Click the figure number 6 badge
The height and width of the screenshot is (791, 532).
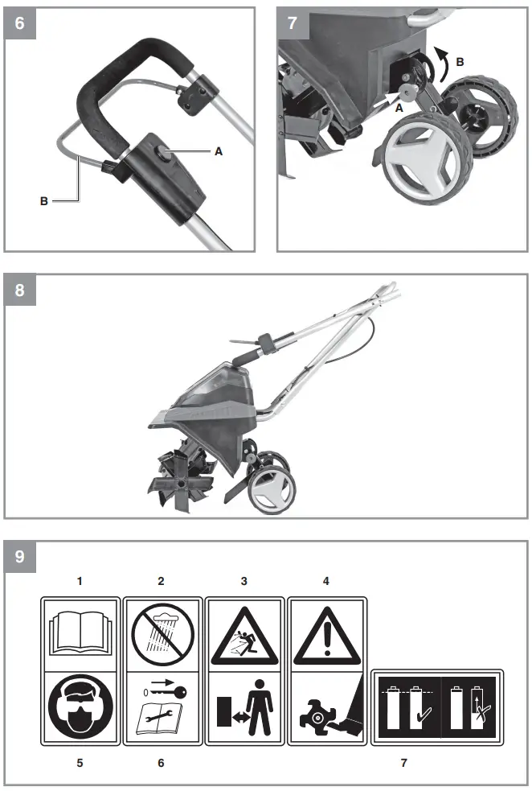click(x=19, y=23)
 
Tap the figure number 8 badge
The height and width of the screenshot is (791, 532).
click(x=19, y=290)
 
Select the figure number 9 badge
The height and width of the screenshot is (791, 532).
click(x=19, y=556)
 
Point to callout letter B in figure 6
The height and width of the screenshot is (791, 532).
click(x=44, y=201)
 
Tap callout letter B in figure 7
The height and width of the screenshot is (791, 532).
click(x=460, y=60)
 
